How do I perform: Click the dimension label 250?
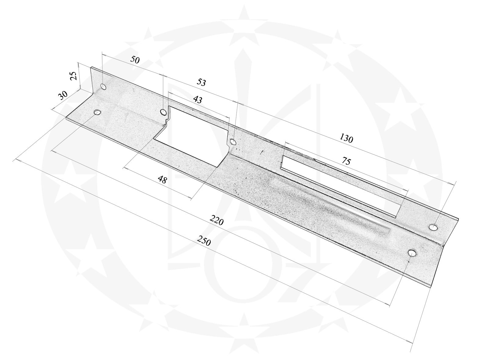(x=204, y=240)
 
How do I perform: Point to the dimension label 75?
(x=346, y=161)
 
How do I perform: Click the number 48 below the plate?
(x=162, y=180)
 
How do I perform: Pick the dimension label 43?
(x=198, y=99)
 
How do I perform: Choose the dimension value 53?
(x=201, y=82)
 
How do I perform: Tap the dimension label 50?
(x=135, y=60)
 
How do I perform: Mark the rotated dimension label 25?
(x=74, y=76)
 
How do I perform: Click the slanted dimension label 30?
(x=63, y=95)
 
